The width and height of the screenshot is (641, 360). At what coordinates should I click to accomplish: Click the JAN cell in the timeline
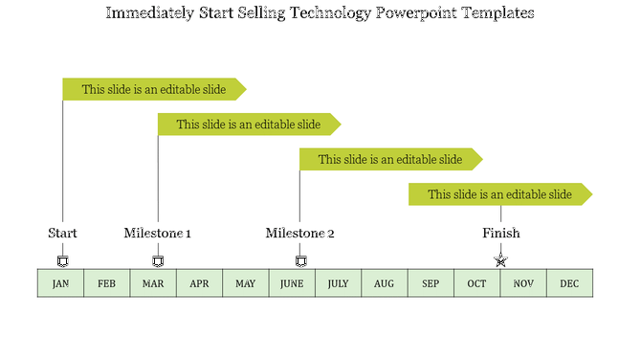click(60, 283)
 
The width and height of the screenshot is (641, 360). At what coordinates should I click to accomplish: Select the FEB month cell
click(107, 283)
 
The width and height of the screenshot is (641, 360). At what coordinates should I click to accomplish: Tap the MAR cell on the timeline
click(153, 283)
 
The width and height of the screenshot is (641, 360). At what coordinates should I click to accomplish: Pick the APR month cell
click(199, 283)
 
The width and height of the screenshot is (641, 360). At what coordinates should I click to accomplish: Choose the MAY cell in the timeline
click(246, 283)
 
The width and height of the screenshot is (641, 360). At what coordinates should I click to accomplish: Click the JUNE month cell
click(292, 283)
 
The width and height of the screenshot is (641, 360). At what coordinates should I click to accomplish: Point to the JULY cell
click(339, 283)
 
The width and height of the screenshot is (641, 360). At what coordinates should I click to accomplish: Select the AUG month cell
click(385, 283)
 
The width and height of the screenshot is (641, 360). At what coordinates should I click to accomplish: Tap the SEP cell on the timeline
click(431, 283)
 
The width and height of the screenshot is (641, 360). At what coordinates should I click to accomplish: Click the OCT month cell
click(477, 283)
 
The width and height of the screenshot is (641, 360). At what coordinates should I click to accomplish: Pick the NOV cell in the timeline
click(523, 283)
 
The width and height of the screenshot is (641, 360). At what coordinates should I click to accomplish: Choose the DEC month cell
click(569, 283)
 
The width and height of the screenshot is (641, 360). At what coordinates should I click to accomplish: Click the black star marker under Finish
click(500, 260)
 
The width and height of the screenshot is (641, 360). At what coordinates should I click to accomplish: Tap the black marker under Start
click(63, 261)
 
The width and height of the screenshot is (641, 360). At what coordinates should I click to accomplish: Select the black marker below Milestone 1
click(159, 261)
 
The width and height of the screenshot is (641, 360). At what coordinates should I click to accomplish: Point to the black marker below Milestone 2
click(300, 261)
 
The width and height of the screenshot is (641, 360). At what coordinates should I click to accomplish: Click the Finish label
click(501, 233)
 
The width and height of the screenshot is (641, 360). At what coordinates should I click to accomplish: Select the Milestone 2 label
click(300, 233)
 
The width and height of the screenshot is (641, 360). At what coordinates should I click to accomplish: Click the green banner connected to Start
click(153, 90)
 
